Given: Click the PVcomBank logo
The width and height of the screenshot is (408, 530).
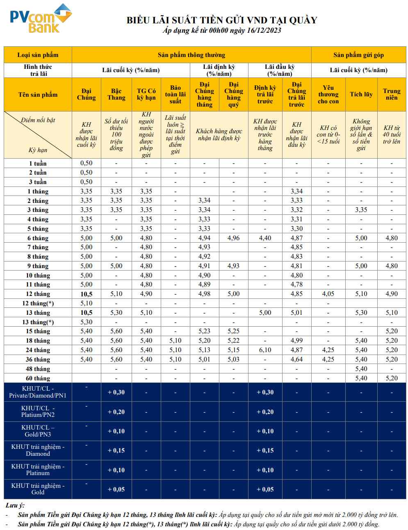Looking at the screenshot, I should pos(40,18).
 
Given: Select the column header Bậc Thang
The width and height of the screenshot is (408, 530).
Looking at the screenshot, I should pos(116,94).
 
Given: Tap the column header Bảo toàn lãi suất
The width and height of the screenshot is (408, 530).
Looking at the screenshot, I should pos(175,94).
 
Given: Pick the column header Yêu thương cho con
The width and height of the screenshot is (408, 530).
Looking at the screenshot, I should pos(328,94).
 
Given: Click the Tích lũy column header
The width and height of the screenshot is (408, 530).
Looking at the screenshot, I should pos(361,94).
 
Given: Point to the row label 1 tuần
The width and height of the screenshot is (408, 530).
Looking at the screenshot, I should pos(38,163).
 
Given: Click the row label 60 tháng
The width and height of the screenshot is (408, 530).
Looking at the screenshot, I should pos(38,378).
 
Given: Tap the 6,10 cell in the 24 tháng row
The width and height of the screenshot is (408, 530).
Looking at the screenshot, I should pos(265,350).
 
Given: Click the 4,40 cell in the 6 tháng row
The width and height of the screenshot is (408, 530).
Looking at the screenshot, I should pos(265,238).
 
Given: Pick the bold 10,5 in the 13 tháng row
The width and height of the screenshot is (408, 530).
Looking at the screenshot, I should pos(86,313).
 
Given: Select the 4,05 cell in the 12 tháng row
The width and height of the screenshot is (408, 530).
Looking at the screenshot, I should pos(328,294).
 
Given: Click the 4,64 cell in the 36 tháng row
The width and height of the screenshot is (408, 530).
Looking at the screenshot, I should pos(296,359).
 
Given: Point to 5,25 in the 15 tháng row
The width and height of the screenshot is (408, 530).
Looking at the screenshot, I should pos(233,331).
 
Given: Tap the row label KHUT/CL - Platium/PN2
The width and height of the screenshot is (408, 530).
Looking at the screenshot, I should pos(38,412).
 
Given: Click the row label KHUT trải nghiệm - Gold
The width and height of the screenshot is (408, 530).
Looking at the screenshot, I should pos(38,489).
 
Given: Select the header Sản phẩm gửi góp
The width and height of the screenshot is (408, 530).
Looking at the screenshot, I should pos(358,55).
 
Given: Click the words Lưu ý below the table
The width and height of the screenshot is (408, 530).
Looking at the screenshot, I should pos(15,505).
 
